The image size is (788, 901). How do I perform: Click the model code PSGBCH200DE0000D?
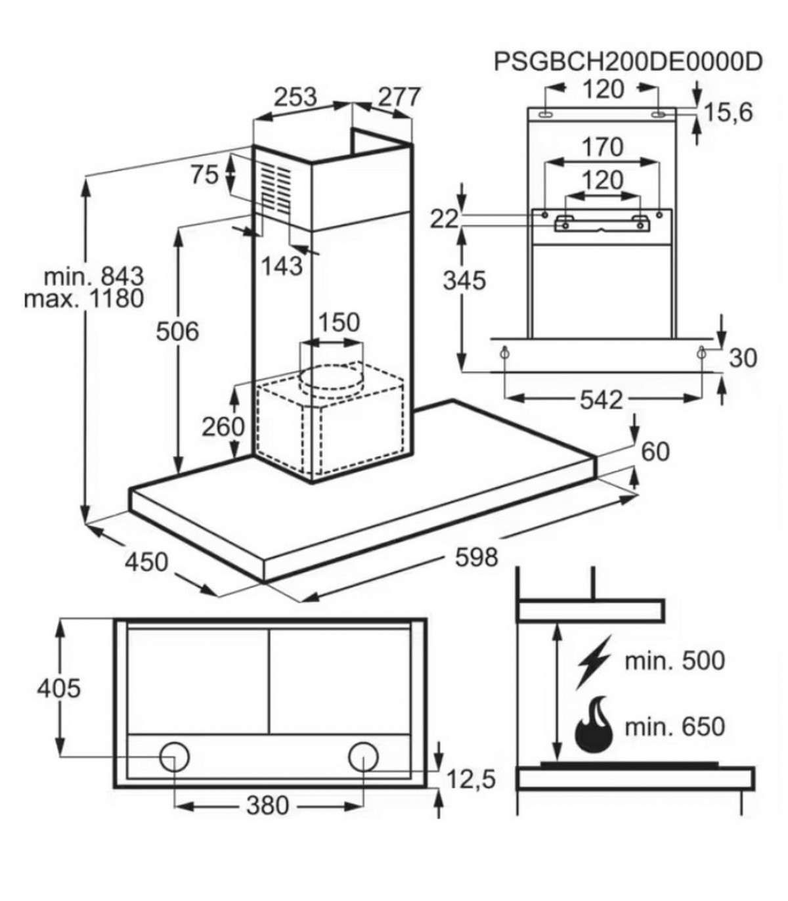(x=628, y=62)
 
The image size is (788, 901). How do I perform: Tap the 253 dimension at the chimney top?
(x=295, y=97)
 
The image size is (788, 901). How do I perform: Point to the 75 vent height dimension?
(x=204, y=175)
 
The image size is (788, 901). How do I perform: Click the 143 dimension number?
(x=282, y=266)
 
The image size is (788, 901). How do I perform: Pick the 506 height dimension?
(x=177, y=331)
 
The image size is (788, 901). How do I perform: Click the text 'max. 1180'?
(x=83, y=298)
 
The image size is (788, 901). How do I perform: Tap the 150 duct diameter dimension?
(x=339, y=322)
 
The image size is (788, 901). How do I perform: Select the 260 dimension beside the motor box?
(x=223, y=426)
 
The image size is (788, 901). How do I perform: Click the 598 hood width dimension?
(x=476, y=557)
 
